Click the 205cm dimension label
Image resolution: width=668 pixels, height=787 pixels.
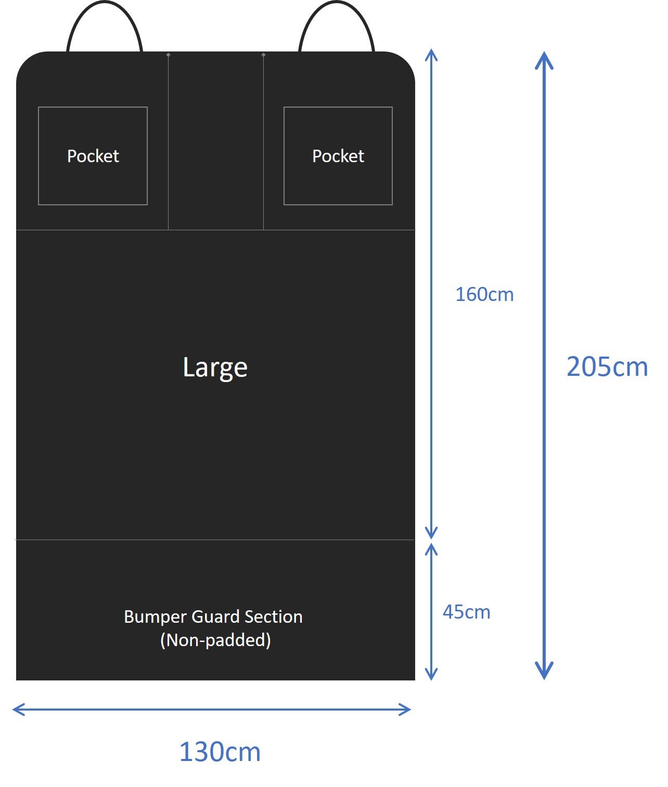pyautogui.click(x=607, y=367)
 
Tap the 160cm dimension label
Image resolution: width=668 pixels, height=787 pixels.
pyautogui.click(x=484, y=295)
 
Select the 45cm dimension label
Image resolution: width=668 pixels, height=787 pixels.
pyautogui.click(x=466, y=612)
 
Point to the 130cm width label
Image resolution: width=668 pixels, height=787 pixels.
pyautogui.click(x=220, y=752)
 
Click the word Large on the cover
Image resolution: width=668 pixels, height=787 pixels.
pyautogui.click(x=215, y=368)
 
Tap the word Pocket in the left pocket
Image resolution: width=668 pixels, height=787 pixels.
pyautogui.click(x=93, y=156)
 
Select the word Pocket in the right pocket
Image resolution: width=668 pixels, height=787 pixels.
pyautogui.click(x=338, y=156)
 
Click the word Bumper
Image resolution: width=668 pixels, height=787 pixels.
pyautogui.click(x=156, y=617)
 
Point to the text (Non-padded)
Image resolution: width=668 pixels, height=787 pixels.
pyautogui.click(x=215, y=640)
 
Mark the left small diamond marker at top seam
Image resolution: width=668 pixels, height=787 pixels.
pyautogui.click(x=168, y=55)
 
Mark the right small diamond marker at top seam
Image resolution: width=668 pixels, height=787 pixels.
pyautogui.click(x=263, y=55)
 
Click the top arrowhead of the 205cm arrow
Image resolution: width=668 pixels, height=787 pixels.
pyautogui.click(x=544, y=58)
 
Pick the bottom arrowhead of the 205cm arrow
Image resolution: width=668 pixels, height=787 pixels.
pyautogui.click(x=544, y=673)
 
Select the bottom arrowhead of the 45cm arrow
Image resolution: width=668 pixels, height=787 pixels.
pyautogui.click(x=431, y=675)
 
